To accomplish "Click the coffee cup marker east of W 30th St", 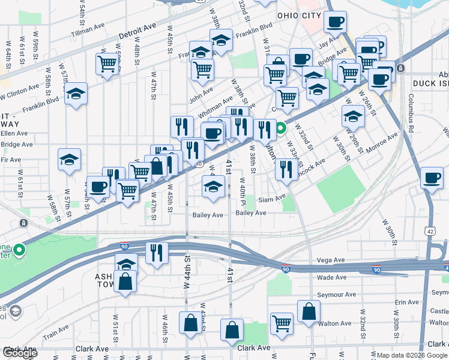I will [432, 177].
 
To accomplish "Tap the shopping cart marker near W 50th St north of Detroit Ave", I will [107, 64].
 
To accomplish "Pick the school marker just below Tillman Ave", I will [76, 94].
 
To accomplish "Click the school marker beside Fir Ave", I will [69, 160].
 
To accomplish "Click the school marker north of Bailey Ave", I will [212, 185].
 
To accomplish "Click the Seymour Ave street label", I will [336, 295].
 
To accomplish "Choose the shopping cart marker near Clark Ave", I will [281, 323].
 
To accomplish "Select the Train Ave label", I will [55, 330].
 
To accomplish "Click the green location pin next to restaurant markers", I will [280, 128].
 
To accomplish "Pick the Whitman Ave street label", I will [215, 105].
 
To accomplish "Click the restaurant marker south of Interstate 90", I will [157, 253].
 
